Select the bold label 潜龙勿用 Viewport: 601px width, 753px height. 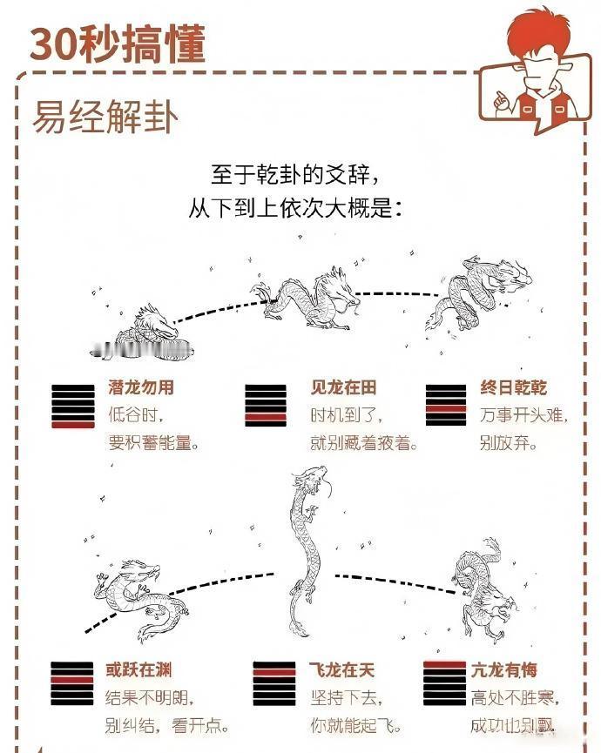click(141, 387)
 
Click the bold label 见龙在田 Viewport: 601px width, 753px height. click(344, 387)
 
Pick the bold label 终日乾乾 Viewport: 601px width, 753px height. click(514, 387)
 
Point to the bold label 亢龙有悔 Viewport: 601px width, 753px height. click(504, 670)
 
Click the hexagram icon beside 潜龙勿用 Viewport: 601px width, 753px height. click(72, 406)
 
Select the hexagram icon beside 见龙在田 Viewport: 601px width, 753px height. click(266, 406)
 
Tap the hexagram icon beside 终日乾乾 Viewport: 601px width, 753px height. click(446, 406)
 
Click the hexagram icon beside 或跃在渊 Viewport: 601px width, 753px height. click(72, 684)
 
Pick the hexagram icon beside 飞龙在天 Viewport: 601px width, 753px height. click(274, 684)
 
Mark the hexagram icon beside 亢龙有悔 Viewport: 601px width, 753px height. click(444, 684)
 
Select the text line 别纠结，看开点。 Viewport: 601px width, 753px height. click(160, 725)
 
